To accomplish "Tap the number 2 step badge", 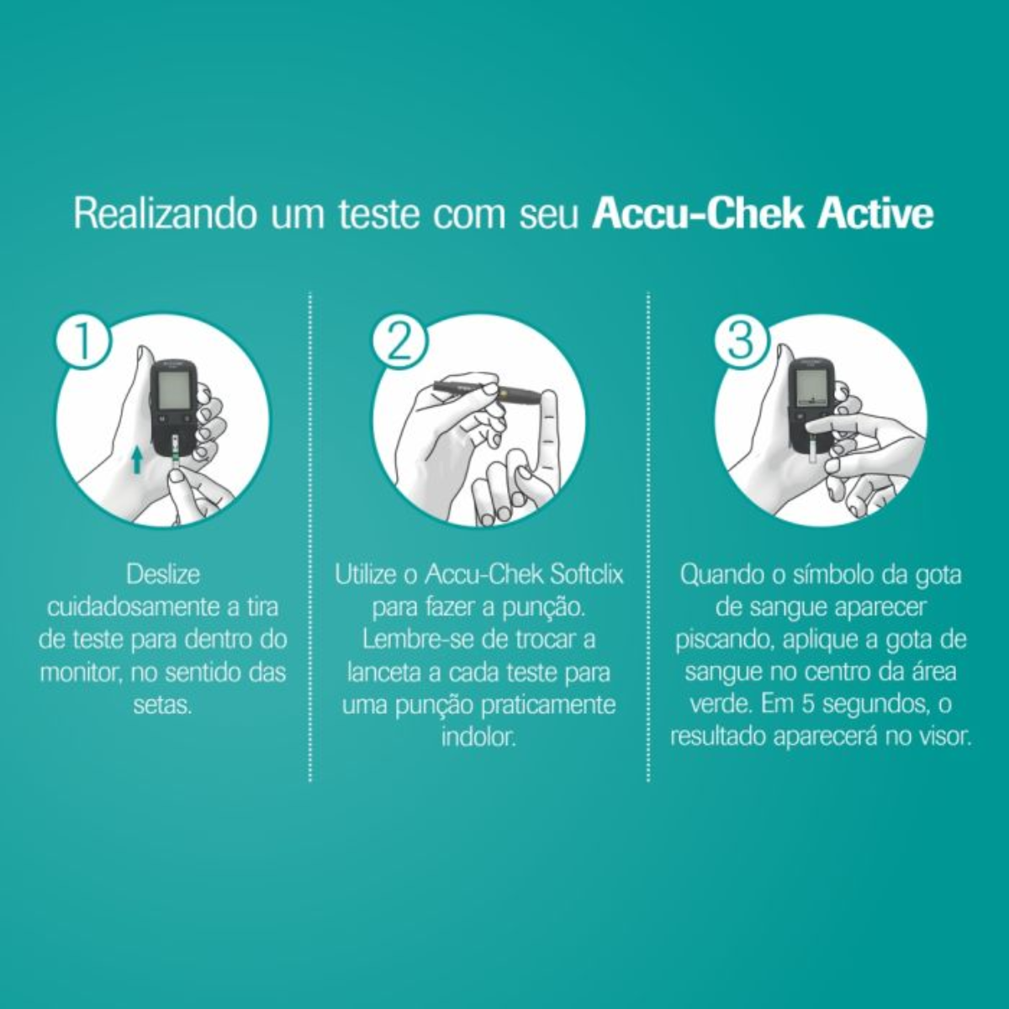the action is (400, 342).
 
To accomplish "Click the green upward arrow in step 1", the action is (137, 462).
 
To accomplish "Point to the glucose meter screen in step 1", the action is (173, 392).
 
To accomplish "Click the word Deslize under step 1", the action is (163, 575).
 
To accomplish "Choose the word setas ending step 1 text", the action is (162, 705).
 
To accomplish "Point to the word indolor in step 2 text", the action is (478, 737).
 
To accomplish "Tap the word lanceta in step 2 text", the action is (385, 673).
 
